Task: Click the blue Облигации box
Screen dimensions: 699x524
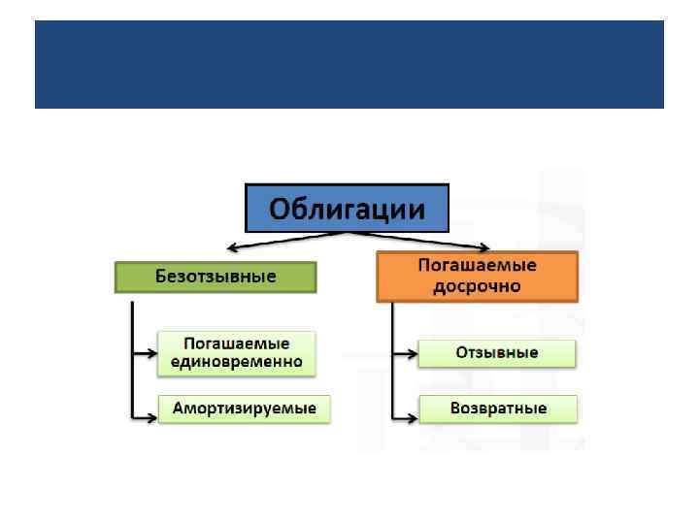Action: (348, 208)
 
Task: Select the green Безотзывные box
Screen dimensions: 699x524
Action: (216, 277)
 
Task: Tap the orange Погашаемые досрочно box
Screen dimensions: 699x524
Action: (477, 276)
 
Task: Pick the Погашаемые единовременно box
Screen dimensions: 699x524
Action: (237, 353)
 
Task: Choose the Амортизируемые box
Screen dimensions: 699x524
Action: (245, 409)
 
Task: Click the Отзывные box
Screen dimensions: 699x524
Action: (497, 353)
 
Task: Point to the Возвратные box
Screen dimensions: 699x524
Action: (498, 409)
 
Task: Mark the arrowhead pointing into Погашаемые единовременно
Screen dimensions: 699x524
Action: (152, 359)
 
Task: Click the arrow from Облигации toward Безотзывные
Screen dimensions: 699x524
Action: (282, 241)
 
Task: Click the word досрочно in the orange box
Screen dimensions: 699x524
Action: (477, 286)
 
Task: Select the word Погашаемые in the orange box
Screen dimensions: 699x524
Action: (477, 265)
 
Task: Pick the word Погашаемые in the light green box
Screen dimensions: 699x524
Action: (237, 344)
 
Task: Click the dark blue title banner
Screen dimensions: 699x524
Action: (349, 64)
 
